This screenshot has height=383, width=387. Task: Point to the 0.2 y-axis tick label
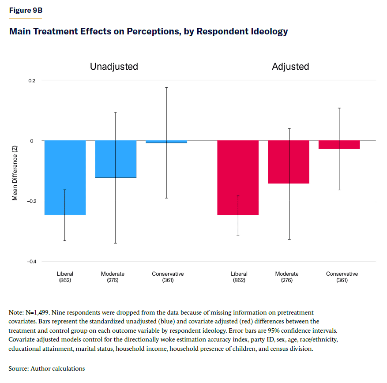coord(32,80)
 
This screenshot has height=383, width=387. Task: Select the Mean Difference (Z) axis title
coord(15,171)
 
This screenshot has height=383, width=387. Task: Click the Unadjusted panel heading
coord(114,67)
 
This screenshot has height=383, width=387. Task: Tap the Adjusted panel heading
coord(290,67)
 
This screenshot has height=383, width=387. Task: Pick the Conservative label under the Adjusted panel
coord(342,274)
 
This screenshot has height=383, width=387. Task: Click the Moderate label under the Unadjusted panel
coord(113,274)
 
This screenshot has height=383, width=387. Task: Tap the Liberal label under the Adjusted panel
coord(239,274)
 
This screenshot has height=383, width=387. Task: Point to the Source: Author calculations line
coord(47,368)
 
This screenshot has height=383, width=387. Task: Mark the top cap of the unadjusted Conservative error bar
coord(166,87)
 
